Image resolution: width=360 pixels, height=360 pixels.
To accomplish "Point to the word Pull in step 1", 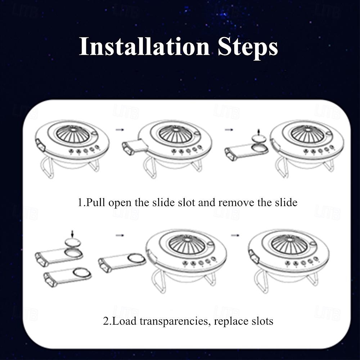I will pos(96,202).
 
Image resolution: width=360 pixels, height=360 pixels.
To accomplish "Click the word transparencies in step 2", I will pos(175,320).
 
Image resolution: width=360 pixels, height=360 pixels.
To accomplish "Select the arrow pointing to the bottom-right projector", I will pos(235,235).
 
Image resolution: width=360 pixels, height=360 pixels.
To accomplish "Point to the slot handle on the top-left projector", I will pos(39,146).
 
